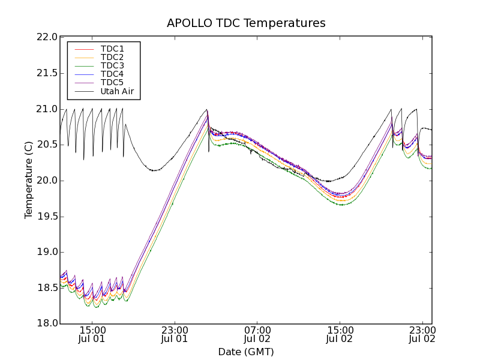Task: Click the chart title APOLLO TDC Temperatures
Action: [x=246, y=23]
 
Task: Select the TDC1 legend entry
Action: [x=112, y=49]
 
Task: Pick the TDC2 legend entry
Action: [x=112, y=57]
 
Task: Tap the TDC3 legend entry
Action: [x=112, y=65]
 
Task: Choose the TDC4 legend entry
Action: [x=112, y=74]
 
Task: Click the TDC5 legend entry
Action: [x=112, y=83]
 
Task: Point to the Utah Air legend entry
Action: [x=117, y=92]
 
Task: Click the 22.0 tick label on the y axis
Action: [x=46, y=37]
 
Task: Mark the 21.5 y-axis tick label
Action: [x=46, y=73]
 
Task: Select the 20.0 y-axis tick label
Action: [x=46, y=181]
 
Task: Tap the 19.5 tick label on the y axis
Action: [x=46, y=217]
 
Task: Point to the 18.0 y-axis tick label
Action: [x=46, y=324]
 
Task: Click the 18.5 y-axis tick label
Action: [x=46, y=288]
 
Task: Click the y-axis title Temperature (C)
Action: [x=29, y=180]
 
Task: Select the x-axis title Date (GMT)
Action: [x=246, y=352]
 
